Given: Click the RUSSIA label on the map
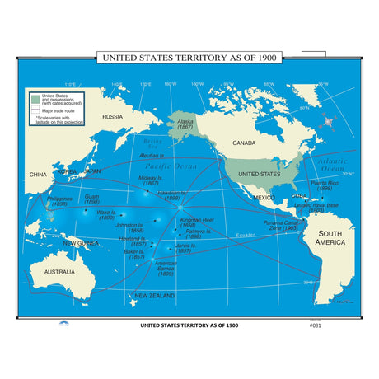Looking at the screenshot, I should tap(112, 117).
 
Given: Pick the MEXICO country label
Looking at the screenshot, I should tap(264, 198).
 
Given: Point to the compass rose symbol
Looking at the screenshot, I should tap(331, 122).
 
